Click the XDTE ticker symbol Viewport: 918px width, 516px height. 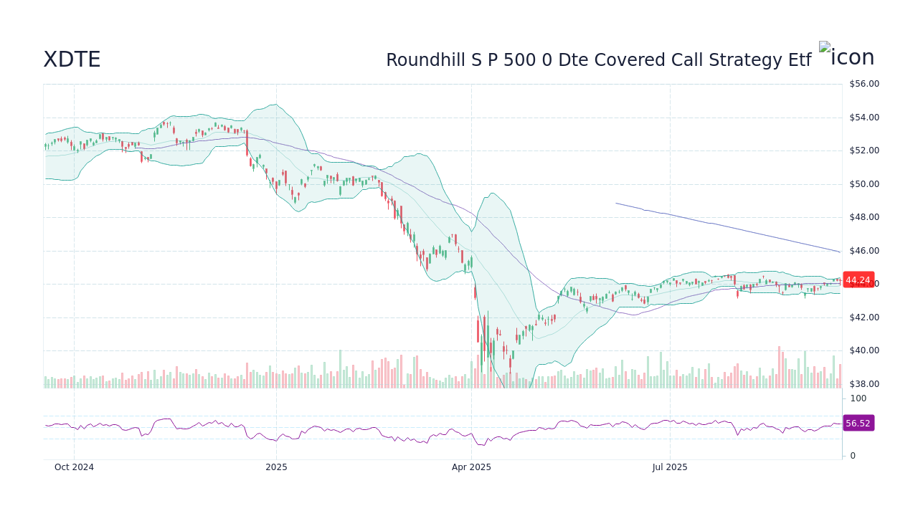(x=72, y=60)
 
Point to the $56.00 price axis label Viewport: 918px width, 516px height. (x=863, y=84)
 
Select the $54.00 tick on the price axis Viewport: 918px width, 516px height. (x=863, y=118)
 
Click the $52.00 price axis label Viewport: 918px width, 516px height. (x=863, y=150)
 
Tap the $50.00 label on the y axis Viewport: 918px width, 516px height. (x=863, y=184)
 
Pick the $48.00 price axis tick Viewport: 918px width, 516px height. (x=863, y=217)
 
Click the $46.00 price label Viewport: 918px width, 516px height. (x=863, y=251)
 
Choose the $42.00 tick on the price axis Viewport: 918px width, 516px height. (x=863, y=317)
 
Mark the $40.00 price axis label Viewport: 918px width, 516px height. (x=863, y=350)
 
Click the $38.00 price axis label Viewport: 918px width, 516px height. (x=863, y=384)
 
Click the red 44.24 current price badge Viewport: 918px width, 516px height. (x=858, y=280)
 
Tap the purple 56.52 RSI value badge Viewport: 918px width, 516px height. (x=858, y=424)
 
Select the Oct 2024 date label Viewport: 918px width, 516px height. (x=74, y=467)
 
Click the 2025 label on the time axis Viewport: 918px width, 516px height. (x=276, y=467)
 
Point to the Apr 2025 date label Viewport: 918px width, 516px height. (x=471, y=467)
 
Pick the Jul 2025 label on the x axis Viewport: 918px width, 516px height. (x=670, y=467)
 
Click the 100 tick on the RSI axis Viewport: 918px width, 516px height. (x=858, y=398)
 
